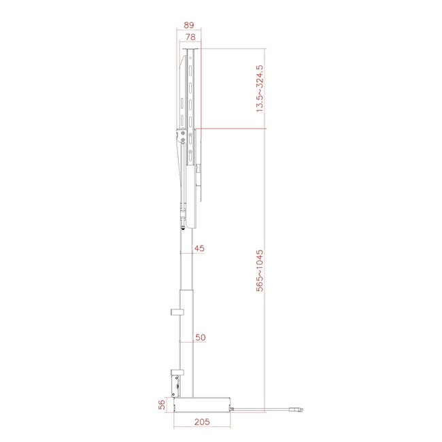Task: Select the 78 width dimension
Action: click(x=191, y=38)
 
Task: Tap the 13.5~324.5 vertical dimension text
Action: click(x=259, y=88)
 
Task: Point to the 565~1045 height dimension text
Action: click(x=259, y=271)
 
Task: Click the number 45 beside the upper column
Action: click(x=199, y=249)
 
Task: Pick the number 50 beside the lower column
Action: click(x=200, y=337)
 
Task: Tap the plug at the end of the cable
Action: click(x=296, y=409)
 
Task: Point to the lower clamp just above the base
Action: click(x=177, y=382)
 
